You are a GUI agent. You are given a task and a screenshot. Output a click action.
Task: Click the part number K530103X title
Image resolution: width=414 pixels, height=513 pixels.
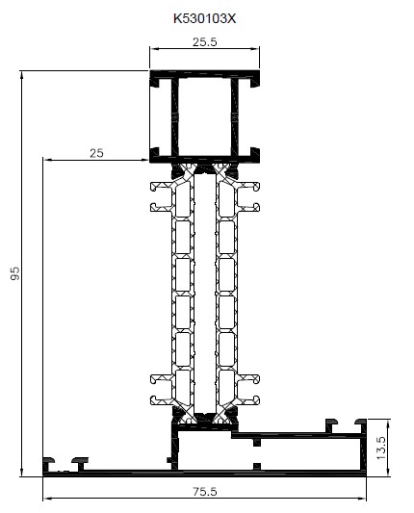pos(204,18)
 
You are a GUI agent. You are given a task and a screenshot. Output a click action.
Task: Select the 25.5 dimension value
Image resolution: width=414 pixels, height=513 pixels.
pos(204,42)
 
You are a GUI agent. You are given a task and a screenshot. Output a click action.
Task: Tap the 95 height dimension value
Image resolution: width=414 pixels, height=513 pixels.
pos(15,273)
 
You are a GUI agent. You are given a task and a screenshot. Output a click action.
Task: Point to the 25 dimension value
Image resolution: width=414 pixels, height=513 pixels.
pos(96,153)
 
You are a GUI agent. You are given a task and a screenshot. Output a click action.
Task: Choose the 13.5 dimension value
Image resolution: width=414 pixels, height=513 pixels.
pos(381,448)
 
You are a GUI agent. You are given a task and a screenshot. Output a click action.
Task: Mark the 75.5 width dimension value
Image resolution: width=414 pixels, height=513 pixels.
pos(204,492)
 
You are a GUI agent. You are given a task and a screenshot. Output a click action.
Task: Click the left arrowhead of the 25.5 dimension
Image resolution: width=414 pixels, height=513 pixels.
pos(154,49)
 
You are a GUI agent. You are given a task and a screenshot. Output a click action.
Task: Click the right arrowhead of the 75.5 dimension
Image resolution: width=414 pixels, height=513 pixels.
pos(362,499)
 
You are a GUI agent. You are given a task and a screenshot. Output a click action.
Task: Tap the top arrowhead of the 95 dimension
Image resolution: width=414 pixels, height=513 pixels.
pos(21,75)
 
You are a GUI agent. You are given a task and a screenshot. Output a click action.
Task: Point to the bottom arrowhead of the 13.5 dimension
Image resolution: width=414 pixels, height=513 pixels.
pos(388,472)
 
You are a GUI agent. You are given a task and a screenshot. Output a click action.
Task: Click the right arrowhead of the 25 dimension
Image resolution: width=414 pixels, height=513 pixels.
pos(144,160)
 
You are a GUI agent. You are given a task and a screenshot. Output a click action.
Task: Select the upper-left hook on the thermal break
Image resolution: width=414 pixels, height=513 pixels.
pos(160,187)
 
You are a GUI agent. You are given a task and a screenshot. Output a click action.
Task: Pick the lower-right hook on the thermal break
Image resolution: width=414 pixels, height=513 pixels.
pos(249,400)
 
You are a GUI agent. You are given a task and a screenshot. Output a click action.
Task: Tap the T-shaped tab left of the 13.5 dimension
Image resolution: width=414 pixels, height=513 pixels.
pos(361,424)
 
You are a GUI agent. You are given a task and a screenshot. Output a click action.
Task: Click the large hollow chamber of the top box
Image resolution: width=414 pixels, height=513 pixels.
pos(204,116)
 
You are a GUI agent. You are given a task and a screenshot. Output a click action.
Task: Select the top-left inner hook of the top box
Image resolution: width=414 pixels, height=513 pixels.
pos(155,82)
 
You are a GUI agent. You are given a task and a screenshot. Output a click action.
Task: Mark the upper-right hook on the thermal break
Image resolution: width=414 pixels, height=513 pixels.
pos(249,187)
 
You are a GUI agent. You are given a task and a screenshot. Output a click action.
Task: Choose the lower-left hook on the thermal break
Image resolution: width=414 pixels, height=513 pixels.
pos(160,400)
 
